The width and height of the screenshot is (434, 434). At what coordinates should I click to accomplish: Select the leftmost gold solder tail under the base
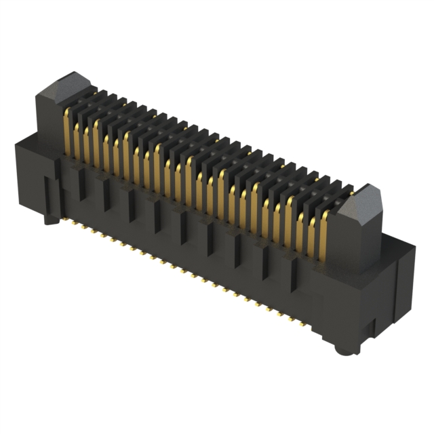coord(67,220)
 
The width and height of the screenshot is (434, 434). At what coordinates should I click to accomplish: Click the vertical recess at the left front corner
coord(50,197)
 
